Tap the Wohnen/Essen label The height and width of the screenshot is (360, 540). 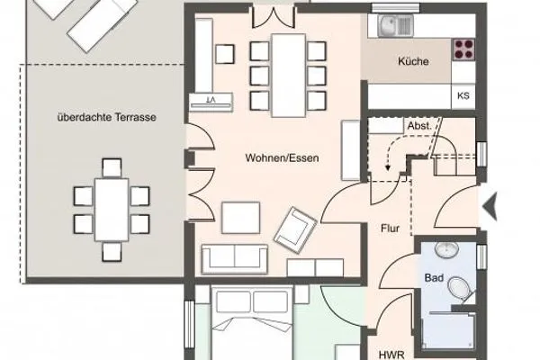282,157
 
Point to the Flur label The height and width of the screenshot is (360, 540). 388,229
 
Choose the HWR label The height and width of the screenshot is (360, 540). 389,354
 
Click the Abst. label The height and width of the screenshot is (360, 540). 418,126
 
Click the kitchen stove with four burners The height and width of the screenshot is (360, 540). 464,48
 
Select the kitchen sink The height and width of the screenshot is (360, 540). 395,26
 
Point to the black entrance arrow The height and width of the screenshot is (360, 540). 490,208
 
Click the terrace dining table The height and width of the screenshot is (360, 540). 112,208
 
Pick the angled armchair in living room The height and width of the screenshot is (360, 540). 295,227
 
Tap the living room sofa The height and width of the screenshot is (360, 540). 235,258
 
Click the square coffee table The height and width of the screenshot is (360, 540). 240,217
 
